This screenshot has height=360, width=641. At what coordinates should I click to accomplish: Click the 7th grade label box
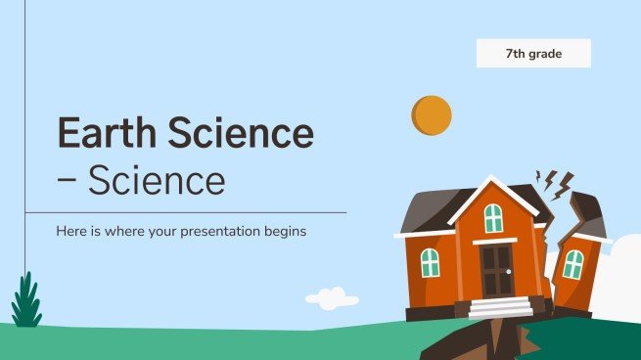point(533,53)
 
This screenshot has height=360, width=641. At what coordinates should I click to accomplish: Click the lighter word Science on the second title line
point(156,181)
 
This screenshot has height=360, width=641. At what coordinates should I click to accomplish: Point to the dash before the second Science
point(68,182)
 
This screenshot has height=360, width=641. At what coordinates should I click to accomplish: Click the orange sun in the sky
point(432,115)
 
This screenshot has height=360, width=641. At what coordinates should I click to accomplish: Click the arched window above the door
point(493,217)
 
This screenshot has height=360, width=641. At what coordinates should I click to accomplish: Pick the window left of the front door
point(430,262)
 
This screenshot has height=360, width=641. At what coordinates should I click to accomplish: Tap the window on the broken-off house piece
point(573,264)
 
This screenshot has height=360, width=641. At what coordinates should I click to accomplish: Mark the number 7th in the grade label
point(516,53)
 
